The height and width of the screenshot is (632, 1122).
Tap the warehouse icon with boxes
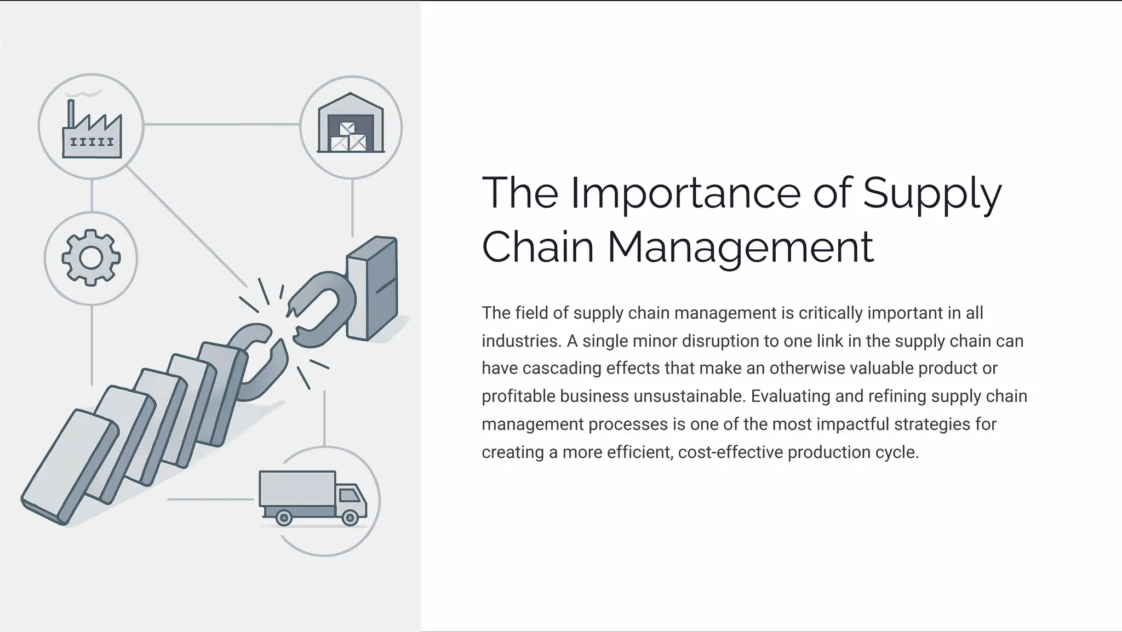[351, 124]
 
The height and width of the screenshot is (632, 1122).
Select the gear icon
[91, 257]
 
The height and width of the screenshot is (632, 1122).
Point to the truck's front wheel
[350, 518]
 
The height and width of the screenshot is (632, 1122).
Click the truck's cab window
[349, 495]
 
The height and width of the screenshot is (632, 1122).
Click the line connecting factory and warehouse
[222, 125]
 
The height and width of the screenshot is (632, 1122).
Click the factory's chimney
[70, 114]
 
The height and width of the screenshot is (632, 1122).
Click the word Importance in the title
[685, 193]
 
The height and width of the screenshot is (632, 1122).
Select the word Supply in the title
[932, 193]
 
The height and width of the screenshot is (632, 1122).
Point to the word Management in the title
[740, 247]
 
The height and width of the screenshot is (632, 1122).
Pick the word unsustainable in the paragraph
[690, 396]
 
